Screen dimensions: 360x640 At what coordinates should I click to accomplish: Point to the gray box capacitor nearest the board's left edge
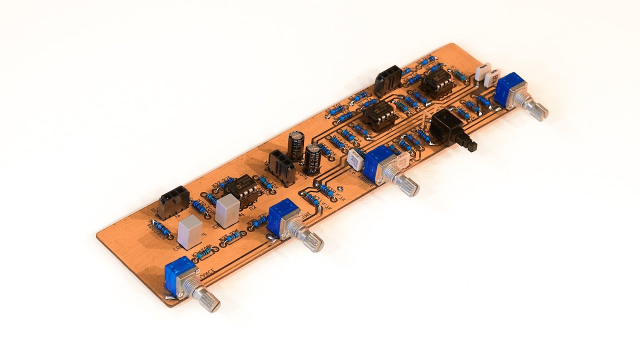coord(189,232)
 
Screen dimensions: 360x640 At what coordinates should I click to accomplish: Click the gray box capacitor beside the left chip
coord(227,210)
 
